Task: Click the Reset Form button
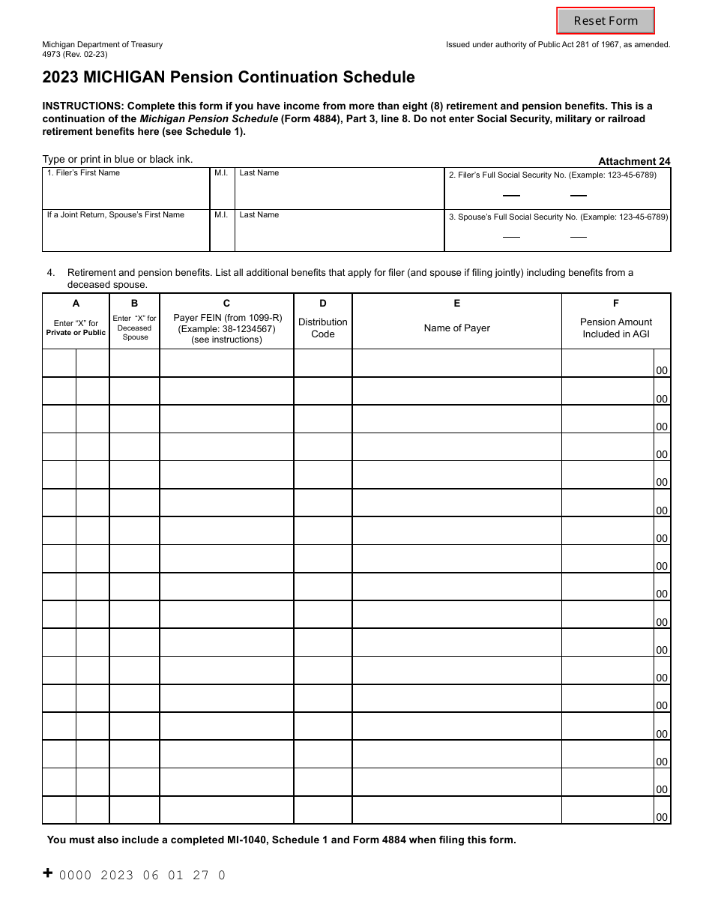point(606,21)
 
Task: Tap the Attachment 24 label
point(634,161)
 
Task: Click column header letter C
point(226,304)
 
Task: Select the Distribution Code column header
point(322,328)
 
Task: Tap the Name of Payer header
point(456,328)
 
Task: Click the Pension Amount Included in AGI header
point(616,328)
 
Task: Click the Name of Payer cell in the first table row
point(456,363)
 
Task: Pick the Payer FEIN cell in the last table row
point(226,810)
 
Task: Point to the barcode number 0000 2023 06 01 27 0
point(142,875)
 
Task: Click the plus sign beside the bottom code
point(48,873)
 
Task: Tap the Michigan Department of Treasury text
point(103,45)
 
